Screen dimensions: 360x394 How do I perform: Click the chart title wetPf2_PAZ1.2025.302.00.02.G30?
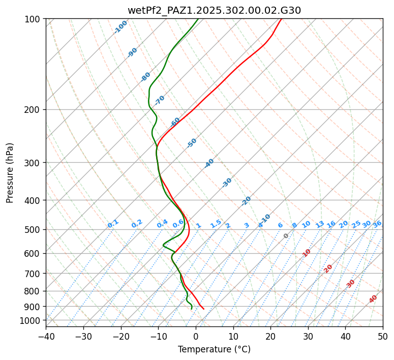pyautogui.click(x=214, y=10)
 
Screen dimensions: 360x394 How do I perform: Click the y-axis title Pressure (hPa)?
pyautogui.click(x=10, y=172)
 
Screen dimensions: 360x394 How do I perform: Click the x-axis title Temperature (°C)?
pyautogui.click(x=214, y=349)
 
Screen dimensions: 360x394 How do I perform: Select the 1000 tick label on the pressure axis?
pyautogui.click(x=31, y=320)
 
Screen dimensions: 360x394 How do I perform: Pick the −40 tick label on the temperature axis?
pyautogui.click(x=46, y=336)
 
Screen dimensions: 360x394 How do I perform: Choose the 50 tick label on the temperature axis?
pyautogui.click(x=383, y=336)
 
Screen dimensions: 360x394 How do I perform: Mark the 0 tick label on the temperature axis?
pyautogui.click(x=196, y=336)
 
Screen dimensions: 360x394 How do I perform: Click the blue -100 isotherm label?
pyautogui.click(x=120, y=27)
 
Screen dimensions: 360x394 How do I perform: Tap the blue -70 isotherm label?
pyautogui.click(x=160, y=100)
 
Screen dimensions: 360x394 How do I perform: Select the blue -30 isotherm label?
pyautogui.click(x=227, y=183)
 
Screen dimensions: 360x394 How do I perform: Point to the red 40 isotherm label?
pyautogui.click(x=373, y=299)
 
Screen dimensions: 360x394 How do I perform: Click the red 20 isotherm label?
pyautogui.click(x=328, y=268)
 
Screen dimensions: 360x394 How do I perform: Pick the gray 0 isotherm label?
pyautogui.click(x=286, y=236)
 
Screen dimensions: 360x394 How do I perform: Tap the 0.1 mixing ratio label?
pyautogui.click(x=113, y=223)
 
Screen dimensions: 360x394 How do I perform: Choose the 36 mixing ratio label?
pyautogui.click(x=377, y=224)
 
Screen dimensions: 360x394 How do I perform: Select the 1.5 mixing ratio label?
pyautogui.click(x=216, y=223)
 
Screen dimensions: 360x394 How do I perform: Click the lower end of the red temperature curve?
pyautogui.click(x=203, y=309)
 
